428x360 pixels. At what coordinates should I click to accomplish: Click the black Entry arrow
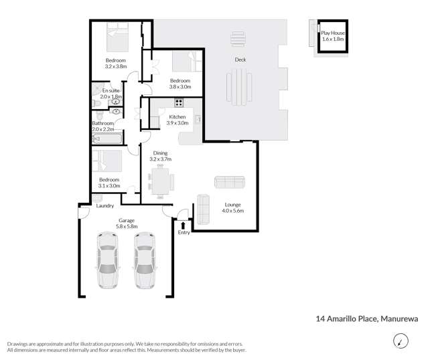pos(183,226)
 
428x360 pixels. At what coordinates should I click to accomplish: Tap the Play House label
pos(333,33)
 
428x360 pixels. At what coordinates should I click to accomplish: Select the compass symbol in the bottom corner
pos(401,341)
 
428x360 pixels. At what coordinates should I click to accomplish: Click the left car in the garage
pos(108,260)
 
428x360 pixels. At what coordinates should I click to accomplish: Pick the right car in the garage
pos(145,260)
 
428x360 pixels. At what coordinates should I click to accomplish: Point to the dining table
pos(160,181)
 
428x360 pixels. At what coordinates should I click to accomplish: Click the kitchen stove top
pos(179,102)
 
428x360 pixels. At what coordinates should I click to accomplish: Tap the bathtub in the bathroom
pos(107,139)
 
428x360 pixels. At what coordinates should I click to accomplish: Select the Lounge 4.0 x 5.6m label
pos(233,207)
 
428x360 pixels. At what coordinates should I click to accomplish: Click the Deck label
pos(240,60)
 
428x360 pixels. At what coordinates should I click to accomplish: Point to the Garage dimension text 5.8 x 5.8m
pos(127,226)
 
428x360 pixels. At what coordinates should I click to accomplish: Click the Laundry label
pos(104,205)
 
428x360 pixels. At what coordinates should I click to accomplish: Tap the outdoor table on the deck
pos(239,87)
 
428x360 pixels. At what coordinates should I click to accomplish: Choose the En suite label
pos(111,90)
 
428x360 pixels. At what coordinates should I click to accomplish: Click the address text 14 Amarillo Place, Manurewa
pos(367,319)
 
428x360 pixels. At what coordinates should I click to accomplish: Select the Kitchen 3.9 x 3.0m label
pos(177,120)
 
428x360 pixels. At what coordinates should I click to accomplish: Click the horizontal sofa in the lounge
pos(230,182)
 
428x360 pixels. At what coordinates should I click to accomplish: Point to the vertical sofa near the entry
pos(203,209)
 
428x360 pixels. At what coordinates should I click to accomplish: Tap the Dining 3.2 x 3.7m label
pos(161,156)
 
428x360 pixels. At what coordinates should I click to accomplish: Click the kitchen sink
pos(198,119)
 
